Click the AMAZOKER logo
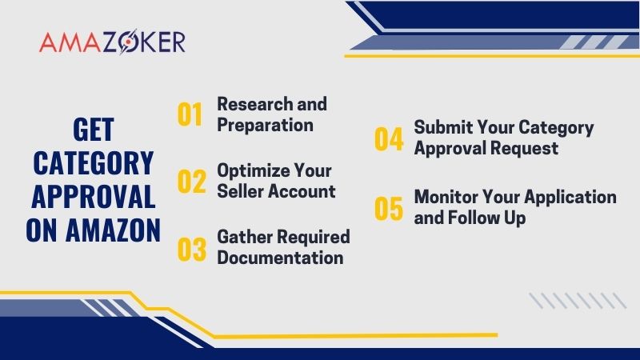pos(112,42)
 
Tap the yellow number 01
pos(190,114)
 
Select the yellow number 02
pos(191,182)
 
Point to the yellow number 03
pos(191,248)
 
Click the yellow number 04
pos(389,138)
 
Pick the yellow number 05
pos(389,207)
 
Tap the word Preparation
pos(265,125)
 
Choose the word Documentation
pos(280,258)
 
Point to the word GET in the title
pos(93,130)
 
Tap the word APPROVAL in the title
pos(93,197)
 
